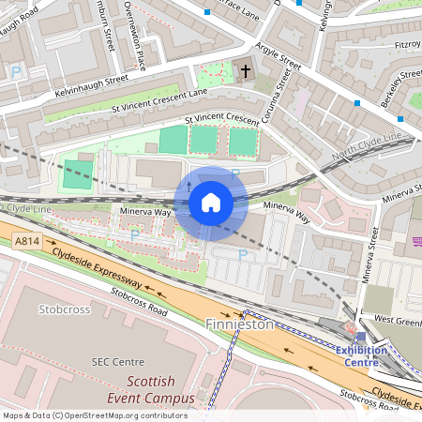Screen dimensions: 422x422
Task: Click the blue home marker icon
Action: tap(211, 203)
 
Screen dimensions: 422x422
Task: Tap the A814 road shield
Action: tap(27, 241)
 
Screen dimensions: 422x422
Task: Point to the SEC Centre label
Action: tap(117, 362)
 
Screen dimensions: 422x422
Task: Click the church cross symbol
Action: tap(247, 70)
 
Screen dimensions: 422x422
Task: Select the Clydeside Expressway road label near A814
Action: tap(98, 268)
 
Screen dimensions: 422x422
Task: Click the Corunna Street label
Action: tap(279, 103)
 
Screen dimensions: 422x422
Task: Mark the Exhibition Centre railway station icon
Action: tap(361, 336)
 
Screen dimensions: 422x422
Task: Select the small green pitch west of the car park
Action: tap(79, 172)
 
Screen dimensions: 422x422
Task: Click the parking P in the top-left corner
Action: tap(15, 70)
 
